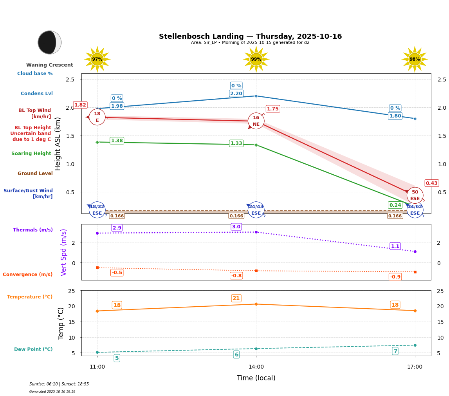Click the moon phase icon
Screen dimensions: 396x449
(x=49, y=42)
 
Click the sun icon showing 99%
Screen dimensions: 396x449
(x=256, y=59)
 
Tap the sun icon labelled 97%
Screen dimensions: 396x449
(x=97, y=59)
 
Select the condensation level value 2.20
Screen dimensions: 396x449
(x=236, y=94)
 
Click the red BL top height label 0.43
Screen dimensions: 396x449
(x=432, y=183)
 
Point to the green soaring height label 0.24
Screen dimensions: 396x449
(x=395, y=205)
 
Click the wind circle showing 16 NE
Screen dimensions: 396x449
(x=256, y=121)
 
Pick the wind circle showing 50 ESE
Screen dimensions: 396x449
(x=415, y=195)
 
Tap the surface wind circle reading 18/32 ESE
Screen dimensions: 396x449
(x=97, y=210)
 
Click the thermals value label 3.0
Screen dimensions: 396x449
(x=236, y=227)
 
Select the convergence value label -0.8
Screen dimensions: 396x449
(x=236, y=276)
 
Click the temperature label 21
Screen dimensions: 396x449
(x=236, y=298)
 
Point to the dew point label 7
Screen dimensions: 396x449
(x=395, y=351)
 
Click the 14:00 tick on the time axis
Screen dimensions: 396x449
(x=256, y=367)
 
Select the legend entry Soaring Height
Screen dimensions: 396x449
(x=31, y=154)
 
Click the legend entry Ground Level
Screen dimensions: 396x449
(x=35, y=174)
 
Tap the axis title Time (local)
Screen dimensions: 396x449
(x=256, y=378)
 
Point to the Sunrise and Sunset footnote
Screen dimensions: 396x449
(x=59, y=384)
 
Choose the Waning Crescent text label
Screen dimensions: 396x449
(x=50, y=65)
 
